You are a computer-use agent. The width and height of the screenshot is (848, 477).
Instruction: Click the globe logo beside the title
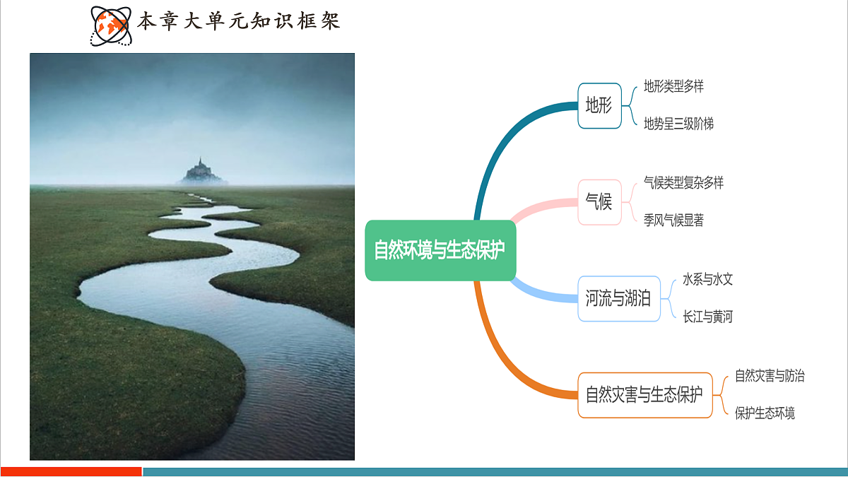110,25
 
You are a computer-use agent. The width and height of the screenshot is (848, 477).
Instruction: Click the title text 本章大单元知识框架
238,20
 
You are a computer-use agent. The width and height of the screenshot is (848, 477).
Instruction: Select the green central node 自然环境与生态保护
440,250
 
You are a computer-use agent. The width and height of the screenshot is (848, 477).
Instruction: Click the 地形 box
599,106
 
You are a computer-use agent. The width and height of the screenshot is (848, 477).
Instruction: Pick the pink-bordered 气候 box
599,202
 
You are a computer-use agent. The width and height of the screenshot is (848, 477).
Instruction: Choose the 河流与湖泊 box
618,298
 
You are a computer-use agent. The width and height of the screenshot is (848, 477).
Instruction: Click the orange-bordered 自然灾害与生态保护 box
644,395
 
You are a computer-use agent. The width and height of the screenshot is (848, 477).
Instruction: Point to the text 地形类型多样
673,87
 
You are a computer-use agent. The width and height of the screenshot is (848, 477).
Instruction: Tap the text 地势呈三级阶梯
678,124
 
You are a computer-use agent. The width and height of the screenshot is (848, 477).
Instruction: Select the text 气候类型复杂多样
683,183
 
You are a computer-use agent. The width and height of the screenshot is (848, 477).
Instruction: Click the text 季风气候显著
673,220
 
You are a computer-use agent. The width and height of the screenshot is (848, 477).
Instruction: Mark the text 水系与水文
707,279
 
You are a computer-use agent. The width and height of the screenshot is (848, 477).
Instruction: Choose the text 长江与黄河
707,317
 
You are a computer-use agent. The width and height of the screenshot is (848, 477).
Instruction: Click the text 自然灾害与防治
770,376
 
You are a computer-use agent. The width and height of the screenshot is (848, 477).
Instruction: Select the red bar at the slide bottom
71,471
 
